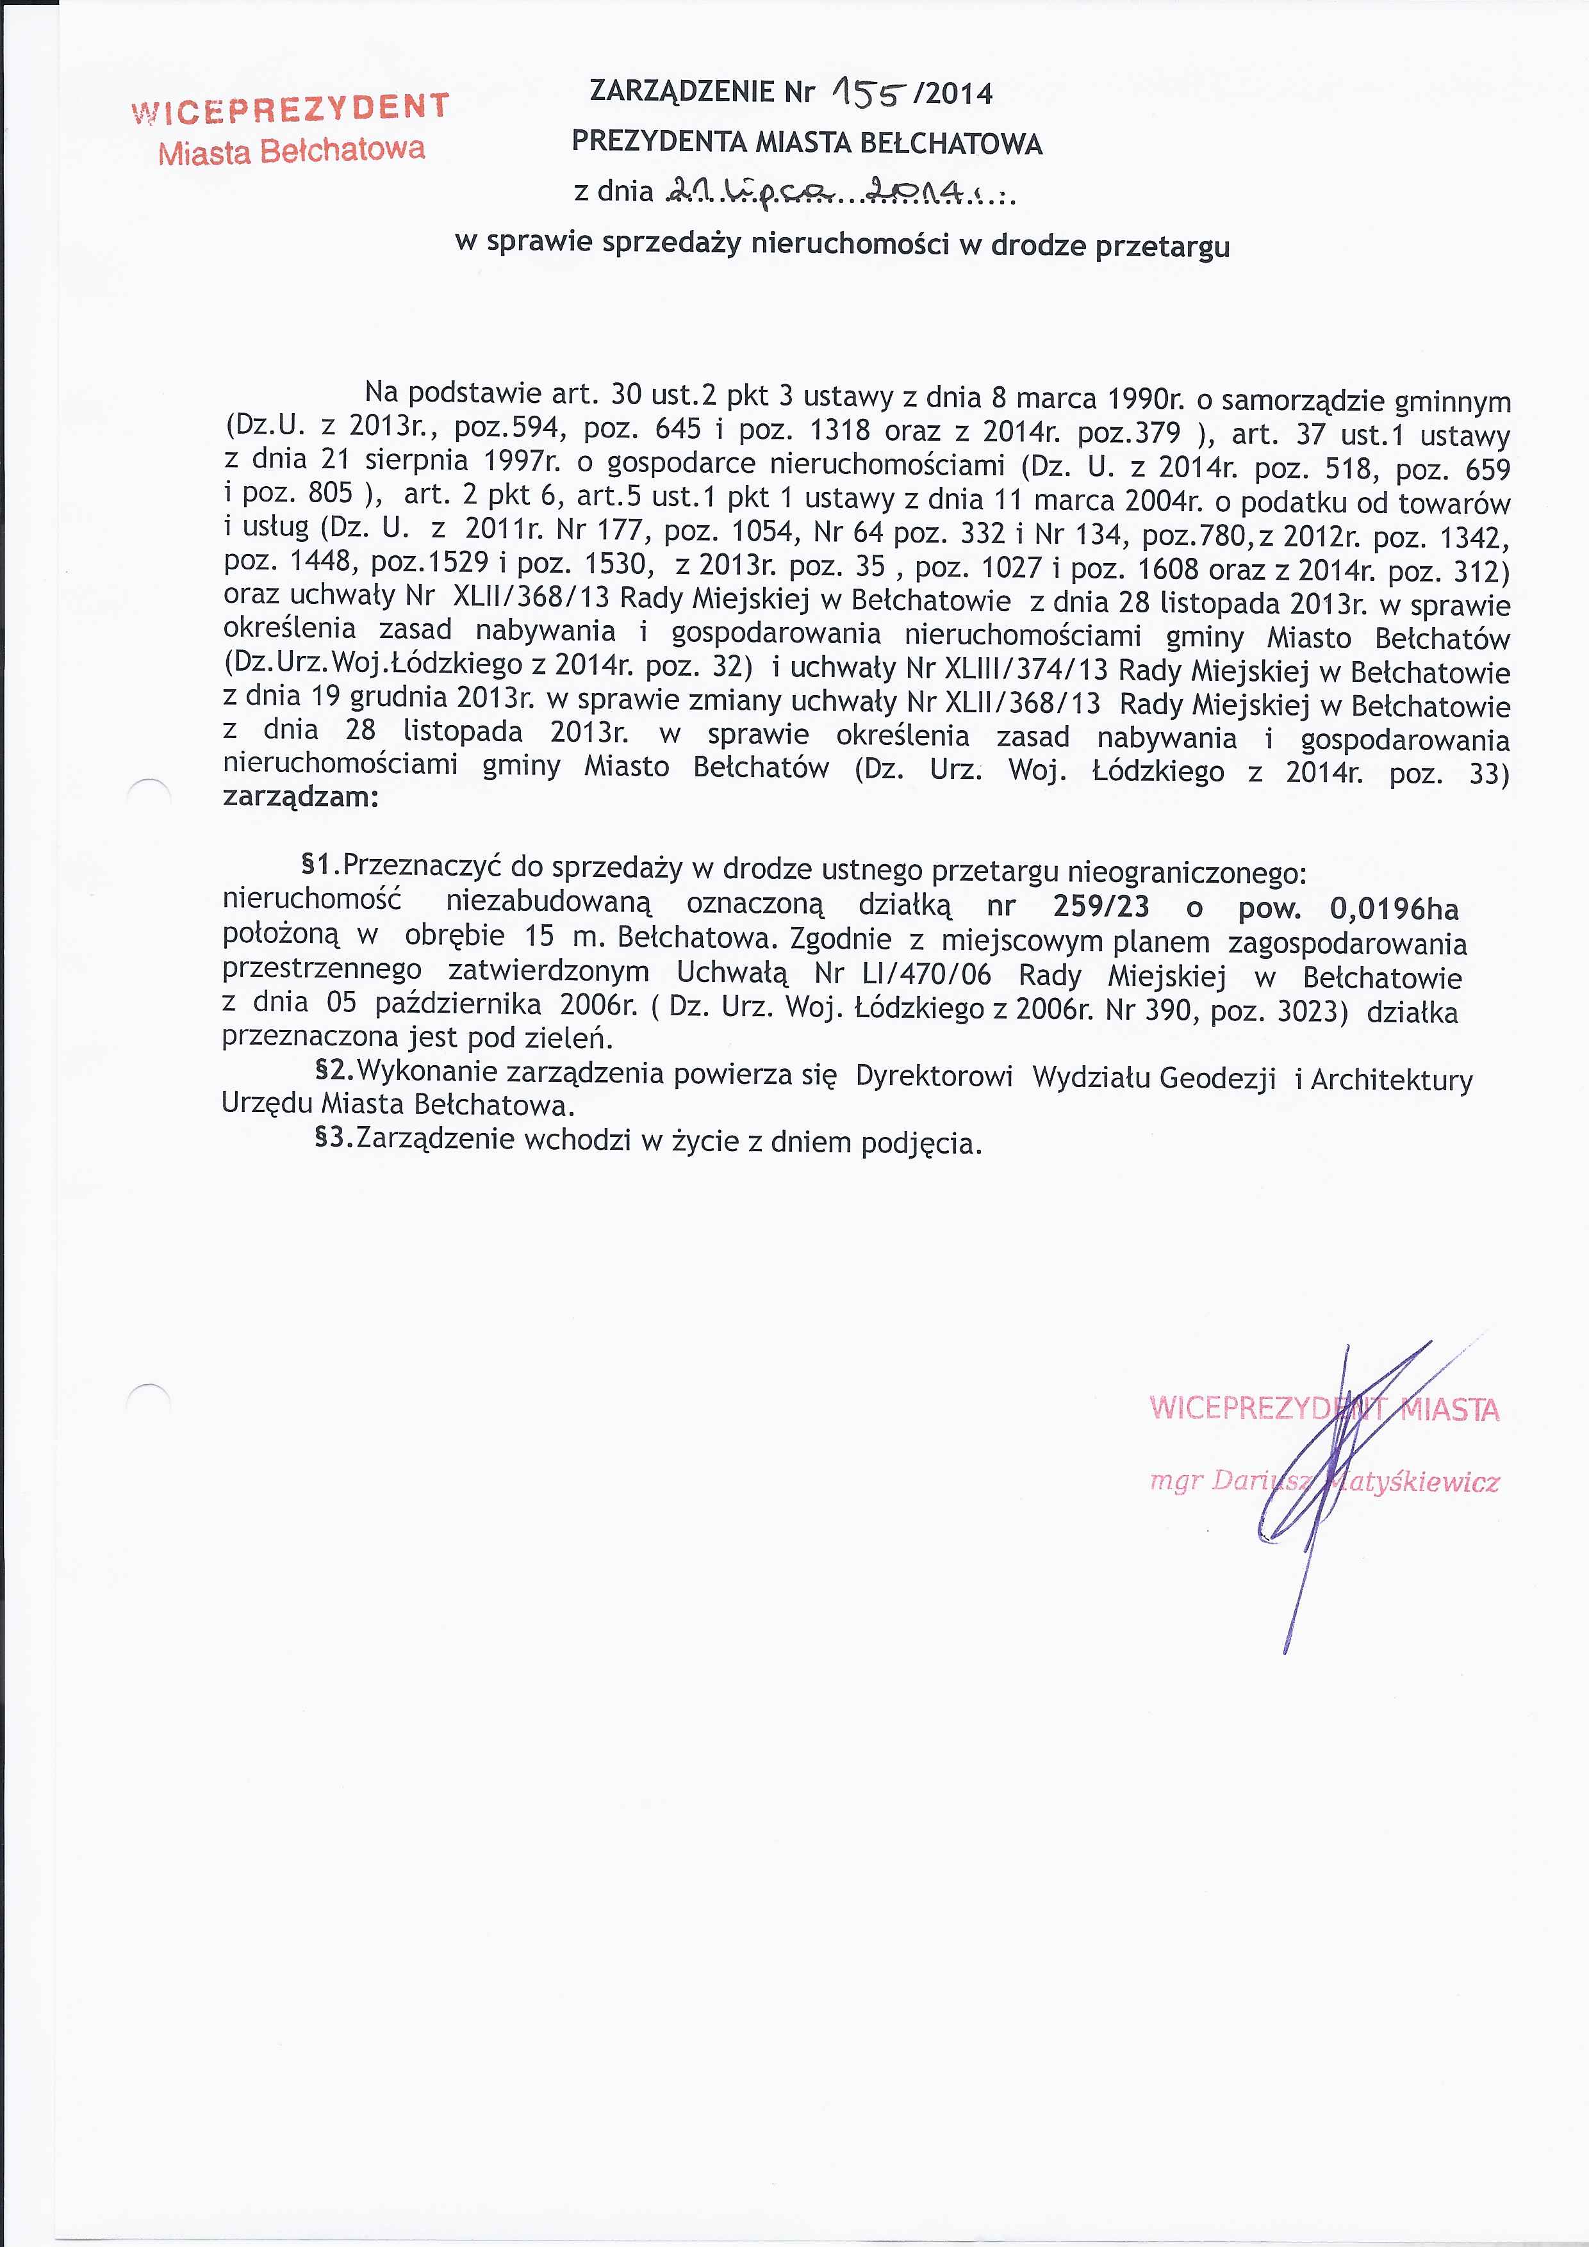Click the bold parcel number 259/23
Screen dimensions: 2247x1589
click(1101, 906)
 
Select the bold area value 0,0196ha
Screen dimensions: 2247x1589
click(1393, 908)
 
